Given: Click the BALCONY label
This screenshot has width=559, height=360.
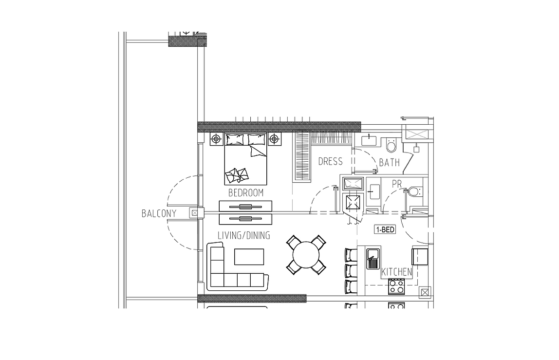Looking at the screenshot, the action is click(x=159, y=213).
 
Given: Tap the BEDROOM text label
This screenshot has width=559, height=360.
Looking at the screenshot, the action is click(x=245, y=193).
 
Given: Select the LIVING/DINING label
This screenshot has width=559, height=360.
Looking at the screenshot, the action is click(x=244, y=235).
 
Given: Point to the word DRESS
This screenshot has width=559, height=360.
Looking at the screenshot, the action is click(x=331, y=162).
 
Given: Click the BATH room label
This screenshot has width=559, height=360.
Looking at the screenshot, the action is click(x=390, y=163).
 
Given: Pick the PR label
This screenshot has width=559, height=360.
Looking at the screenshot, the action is click(x=397, y=184).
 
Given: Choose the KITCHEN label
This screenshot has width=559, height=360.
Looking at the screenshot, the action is click(x=397, y=272).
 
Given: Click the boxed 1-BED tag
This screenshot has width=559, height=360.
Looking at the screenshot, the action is click(x=385, y=229).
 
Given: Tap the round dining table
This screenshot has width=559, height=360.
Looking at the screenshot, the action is click(x=306, y=255).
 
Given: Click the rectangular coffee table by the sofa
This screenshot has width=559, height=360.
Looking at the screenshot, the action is click(x=249, y=257).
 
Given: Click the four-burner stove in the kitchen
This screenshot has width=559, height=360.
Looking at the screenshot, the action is click(x=396, y=286).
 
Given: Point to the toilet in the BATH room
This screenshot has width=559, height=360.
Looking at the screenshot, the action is click(x=391, y=145).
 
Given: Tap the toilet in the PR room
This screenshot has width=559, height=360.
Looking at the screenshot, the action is click(x=414, y=191).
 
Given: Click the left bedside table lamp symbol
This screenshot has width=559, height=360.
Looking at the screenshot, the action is click(x=216, y=139).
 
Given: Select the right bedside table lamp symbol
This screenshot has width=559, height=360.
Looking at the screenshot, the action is click(x=274, y=139).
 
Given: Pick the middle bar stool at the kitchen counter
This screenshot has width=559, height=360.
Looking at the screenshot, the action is click(x=351, y=270).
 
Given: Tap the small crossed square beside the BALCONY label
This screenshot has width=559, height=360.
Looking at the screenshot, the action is click(x=194, y=213).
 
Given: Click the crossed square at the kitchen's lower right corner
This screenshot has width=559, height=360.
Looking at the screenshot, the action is click(x=425, y=293).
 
